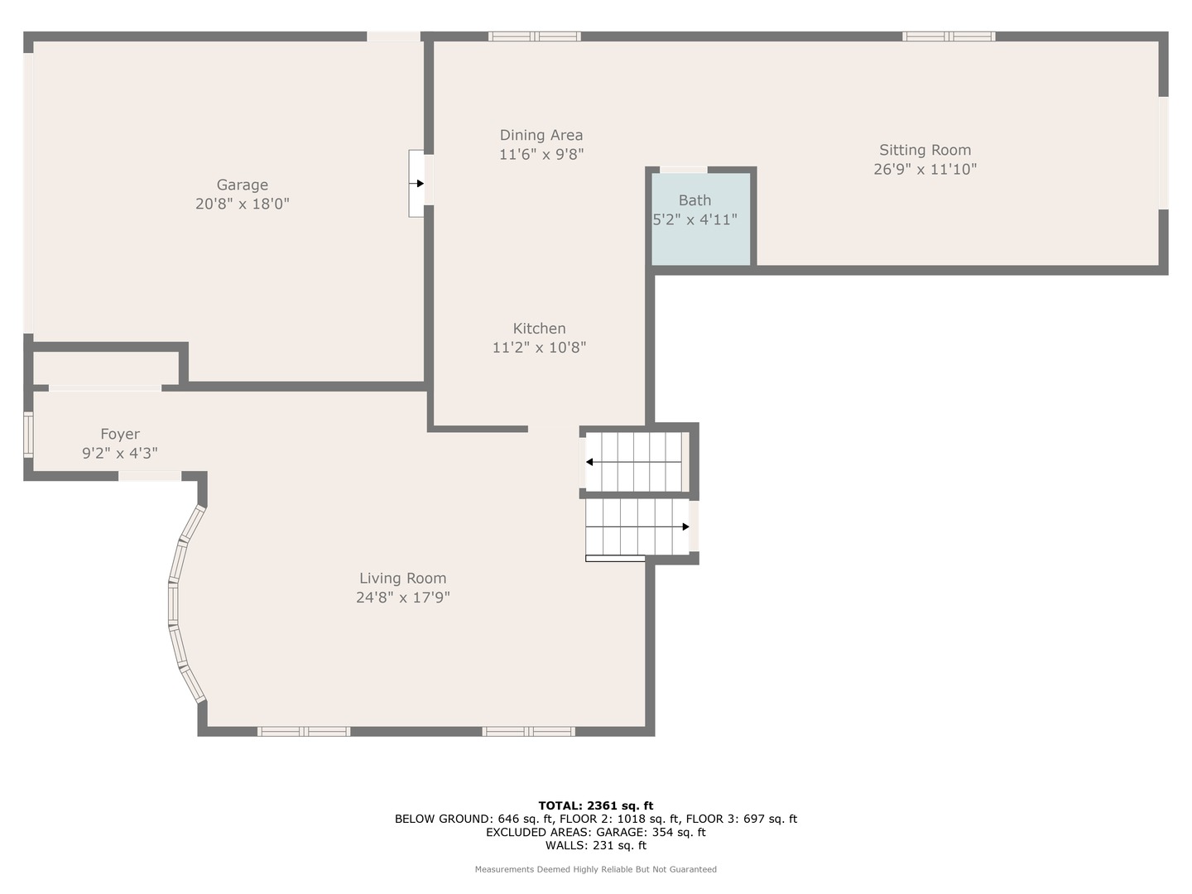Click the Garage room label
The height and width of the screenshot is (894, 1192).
point(243,185)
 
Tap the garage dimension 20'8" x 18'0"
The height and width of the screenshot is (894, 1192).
point(243,204)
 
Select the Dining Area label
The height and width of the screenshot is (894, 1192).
point(541,135)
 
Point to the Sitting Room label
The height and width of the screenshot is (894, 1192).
point(925,150)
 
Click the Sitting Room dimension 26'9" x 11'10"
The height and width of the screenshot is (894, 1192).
point(925,169)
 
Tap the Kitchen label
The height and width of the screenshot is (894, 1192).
point(539,329)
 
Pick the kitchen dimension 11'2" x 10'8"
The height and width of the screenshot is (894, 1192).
point(539,348)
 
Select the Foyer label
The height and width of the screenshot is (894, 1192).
point(120,434)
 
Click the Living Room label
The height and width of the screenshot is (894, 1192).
point(402,579)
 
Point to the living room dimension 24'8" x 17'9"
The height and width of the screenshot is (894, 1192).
point(402,598)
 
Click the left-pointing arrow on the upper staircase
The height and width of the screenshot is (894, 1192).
point(590,462)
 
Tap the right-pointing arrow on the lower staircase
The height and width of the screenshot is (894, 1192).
point(685,526)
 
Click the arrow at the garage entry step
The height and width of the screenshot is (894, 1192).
point(420,184)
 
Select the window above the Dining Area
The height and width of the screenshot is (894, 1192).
point(534,36)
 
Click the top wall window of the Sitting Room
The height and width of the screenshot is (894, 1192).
point(948,36)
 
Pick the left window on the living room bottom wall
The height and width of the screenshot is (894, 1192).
point(304,732)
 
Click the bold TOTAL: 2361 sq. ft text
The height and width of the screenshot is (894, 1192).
point(595,805)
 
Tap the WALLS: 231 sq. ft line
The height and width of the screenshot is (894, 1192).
point(595,845)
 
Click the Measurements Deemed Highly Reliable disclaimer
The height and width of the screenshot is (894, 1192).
point(595,869)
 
